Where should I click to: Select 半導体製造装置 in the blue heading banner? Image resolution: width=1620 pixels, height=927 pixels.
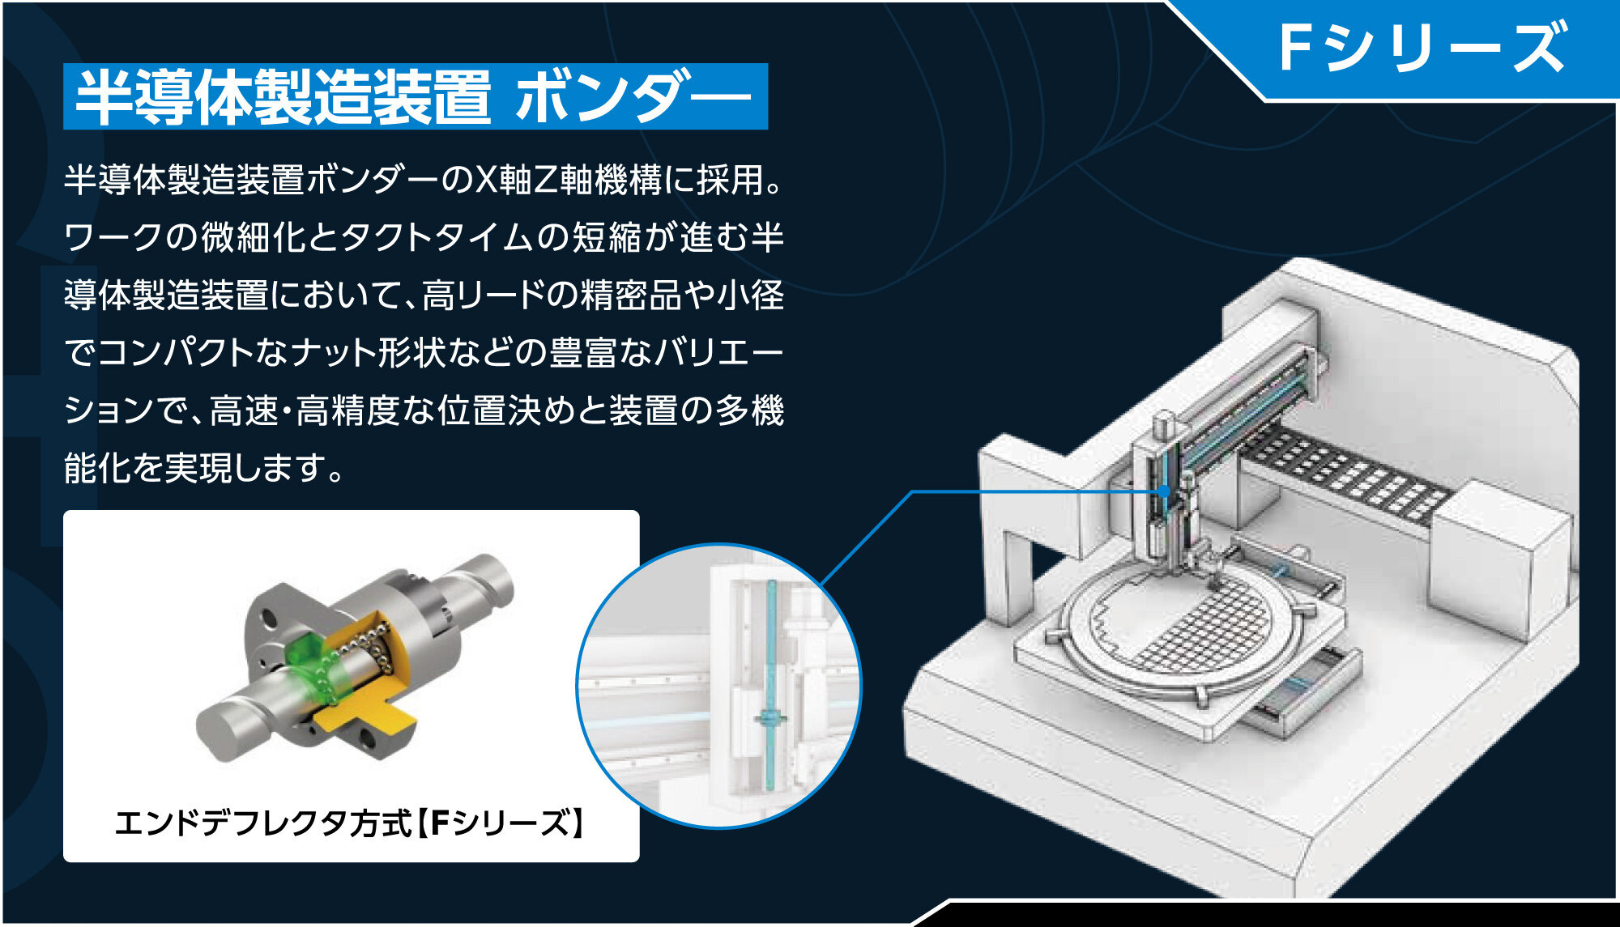point(283,97)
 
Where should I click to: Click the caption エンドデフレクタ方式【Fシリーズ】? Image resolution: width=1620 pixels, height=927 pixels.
point(350,823)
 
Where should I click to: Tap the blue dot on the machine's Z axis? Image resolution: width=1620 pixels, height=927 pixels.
point(1164,491)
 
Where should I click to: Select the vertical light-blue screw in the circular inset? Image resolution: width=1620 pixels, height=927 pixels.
point(770,684)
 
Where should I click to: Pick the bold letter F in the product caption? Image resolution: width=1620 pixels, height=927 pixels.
point(440,823)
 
